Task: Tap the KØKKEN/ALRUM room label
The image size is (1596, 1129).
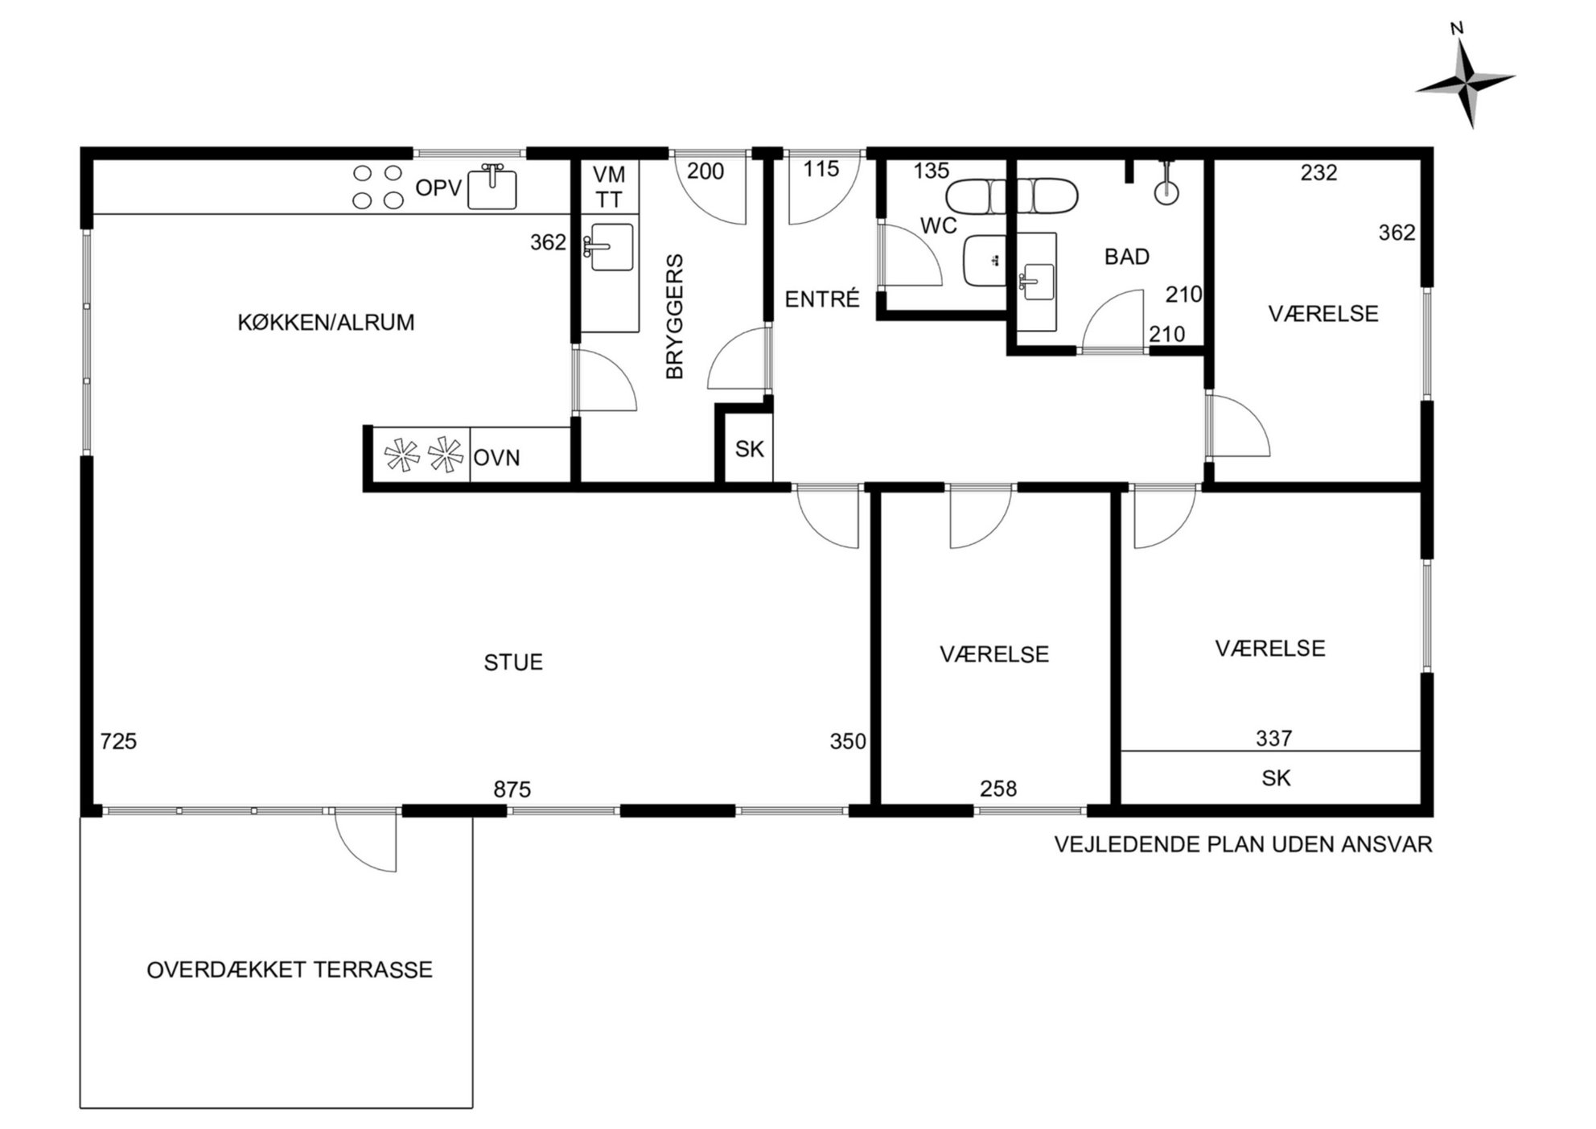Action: tap(326, 323)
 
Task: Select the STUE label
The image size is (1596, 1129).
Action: tap(513, 662)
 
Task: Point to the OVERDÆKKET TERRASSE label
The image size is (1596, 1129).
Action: tap(290, 970)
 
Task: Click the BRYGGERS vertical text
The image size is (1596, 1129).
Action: tap(674, 316)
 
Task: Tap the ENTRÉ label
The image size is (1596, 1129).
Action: tap(822, 299)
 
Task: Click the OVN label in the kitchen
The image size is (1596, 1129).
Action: tap(497, 458)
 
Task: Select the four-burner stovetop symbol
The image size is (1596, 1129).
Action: tap(378, 187)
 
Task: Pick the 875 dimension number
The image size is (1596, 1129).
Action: tap(512, 789)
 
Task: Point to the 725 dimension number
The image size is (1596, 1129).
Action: tap(118, 741)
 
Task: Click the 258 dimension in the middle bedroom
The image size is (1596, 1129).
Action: tap(998, 789)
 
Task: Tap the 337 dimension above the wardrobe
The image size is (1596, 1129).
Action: tap(1274, 738)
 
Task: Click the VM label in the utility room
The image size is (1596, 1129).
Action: tap(609, 175)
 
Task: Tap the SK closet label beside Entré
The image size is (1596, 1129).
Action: tap(749, 449)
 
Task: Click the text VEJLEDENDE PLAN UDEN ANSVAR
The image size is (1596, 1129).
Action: tap(1244, 844)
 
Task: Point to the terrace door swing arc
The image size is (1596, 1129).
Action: tap(351, 855)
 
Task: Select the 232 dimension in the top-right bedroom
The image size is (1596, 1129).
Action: tap(1319, 172)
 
